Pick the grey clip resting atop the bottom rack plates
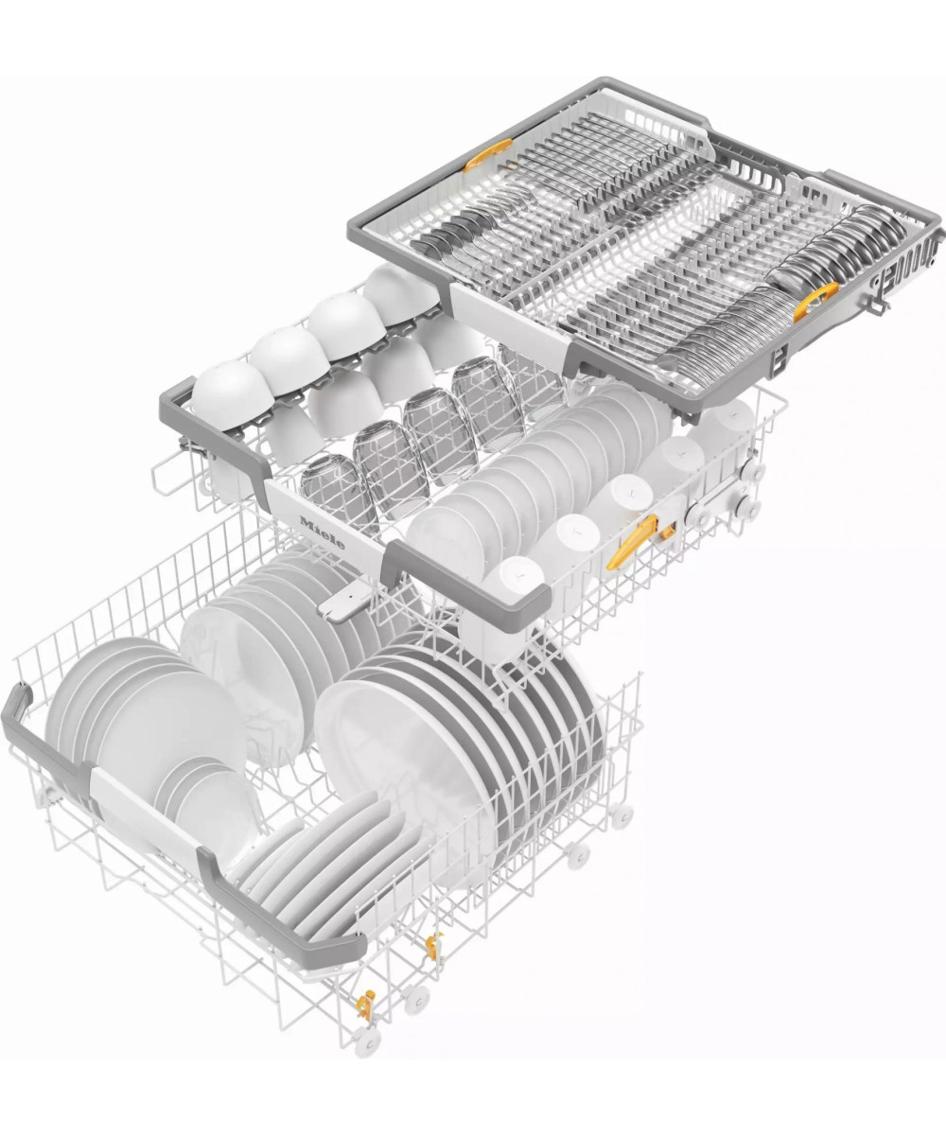click(x=344, y=600)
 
